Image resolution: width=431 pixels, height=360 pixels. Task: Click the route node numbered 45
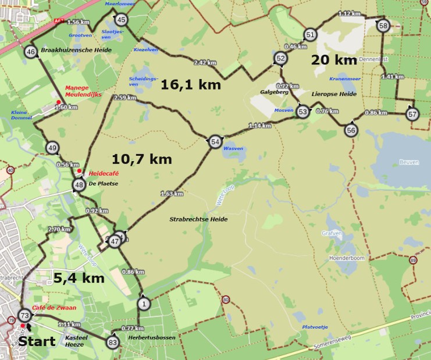click(120, 20)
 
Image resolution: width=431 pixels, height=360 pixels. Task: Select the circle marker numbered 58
click(383, 25)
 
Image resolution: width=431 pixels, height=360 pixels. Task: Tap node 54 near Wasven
click(215, 141)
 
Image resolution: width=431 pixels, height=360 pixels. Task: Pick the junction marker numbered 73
click(24, 315)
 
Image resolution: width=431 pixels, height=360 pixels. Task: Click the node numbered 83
click(112, 342)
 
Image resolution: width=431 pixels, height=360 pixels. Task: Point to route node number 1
click(144, 303)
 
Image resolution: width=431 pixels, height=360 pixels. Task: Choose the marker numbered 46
click(31, 52)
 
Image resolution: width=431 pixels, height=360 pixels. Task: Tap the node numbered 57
click(412, 114)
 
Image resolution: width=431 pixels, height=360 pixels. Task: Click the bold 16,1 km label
click(191, 85)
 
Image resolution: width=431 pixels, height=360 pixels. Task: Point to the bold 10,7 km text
click(141, 158)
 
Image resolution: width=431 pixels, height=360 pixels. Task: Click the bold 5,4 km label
click(79, 278)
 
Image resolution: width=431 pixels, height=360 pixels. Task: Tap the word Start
click(37, 341)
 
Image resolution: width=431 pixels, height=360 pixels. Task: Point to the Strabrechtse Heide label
click(198, 219)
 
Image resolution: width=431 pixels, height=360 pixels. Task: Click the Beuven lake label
click(409, 162)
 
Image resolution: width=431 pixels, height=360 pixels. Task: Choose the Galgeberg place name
click(275, 91)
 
